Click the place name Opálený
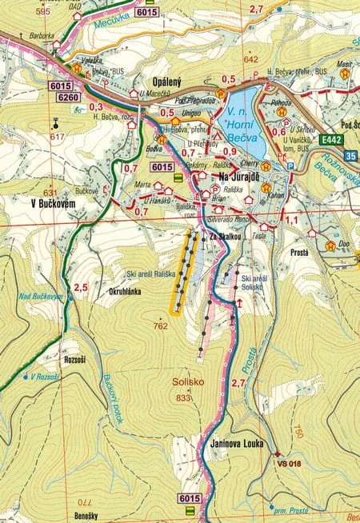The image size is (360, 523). coord(168,82)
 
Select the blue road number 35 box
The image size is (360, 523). coord(351,156)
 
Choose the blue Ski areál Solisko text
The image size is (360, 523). coord(254,282)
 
